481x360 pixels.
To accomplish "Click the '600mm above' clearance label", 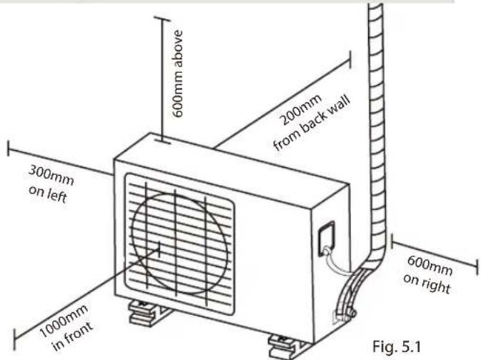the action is [x=178, y=74].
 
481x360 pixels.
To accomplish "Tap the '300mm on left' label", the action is [x=51, y=184].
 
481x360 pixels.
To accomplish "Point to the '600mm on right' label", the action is [x=428, y=274].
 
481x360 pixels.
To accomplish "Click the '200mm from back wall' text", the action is [x=311, y=122].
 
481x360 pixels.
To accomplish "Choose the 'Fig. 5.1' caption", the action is [x=397, y=346].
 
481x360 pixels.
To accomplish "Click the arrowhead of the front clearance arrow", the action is [x=157, y=249].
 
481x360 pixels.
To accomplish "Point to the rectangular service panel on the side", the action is [x=326, y=239].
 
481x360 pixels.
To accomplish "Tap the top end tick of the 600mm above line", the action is [x=162, y=19].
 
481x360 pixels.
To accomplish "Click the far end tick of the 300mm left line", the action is [x=9, y=148].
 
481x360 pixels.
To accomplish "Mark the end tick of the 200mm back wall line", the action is [x=350, y=60].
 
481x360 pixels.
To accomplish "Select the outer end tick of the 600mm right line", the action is [x=477, y=266].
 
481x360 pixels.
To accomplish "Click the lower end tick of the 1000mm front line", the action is [x=14, y=340].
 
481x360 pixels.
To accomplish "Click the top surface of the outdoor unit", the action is [x=231, y=161].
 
